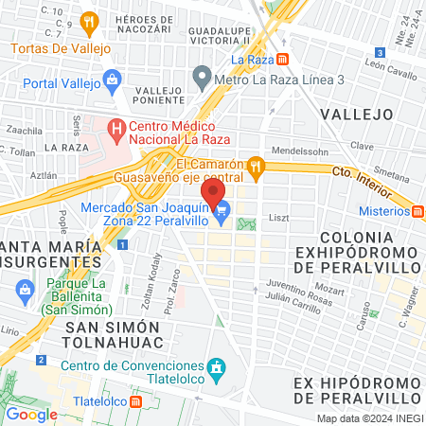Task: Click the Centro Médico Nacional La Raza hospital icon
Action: pos(116,126)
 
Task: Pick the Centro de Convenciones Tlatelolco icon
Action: pos(217,366)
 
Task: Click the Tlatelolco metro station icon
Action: pos(136,401)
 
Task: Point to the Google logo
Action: pos(31,414)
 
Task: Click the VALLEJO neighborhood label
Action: pos(356,114)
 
